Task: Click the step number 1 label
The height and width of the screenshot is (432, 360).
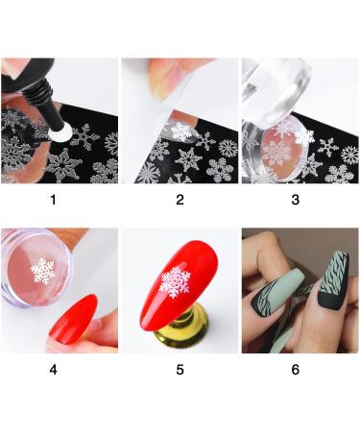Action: [x=53, y=200]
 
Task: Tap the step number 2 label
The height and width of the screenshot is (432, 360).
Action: [x=180, y=200]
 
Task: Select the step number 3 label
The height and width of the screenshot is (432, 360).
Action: [x=296, y=200]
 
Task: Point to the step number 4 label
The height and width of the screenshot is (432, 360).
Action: [x=53, y=370]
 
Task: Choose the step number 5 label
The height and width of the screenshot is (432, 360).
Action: [x=180, y=370]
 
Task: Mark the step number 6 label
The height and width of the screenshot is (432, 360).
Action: [x=296, y=370]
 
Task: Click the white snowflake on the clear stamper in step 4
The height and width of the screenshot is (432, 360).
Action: [x=43, y=271]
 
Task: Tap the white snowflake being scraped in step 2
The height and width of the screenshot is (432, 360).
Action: [x=181, y=132]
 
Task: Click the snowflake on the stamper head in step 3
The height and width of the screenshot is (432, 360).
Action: [x=276, y=152]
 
